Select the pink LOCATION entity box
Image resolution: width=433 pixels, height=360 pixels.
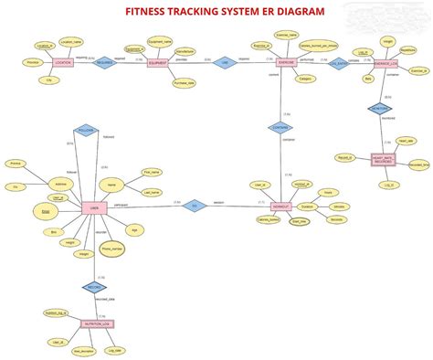62,63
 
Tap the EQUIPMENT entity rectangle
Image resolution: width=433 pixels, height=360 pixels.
164,63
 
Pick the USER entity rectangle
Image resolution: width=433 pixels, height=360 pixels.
90,207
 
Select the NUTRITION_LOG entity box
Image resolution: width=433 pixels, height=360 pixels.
98,323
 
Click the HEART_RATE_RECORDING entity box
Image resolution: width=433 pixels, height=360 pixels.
388,160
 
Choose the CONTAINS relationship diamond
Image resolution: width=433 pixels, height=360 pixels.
280,128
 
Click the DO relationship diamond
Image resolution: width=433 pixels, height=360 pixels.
192,206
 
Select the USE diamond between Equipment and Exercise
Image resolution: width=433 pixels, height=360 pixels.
225,63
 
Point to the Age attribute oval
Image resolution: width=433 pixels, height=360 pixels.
134,230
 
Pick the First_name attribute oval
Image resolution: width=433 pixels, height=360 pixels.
152,171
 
